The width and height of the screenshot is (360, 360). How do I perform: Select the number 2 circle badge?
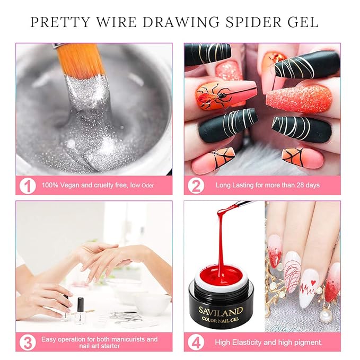pyautogui.click(x=197, y=185)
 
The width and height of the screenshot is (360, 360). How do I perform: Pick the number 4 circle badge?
pyautogui.click(x=197, y=341)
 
